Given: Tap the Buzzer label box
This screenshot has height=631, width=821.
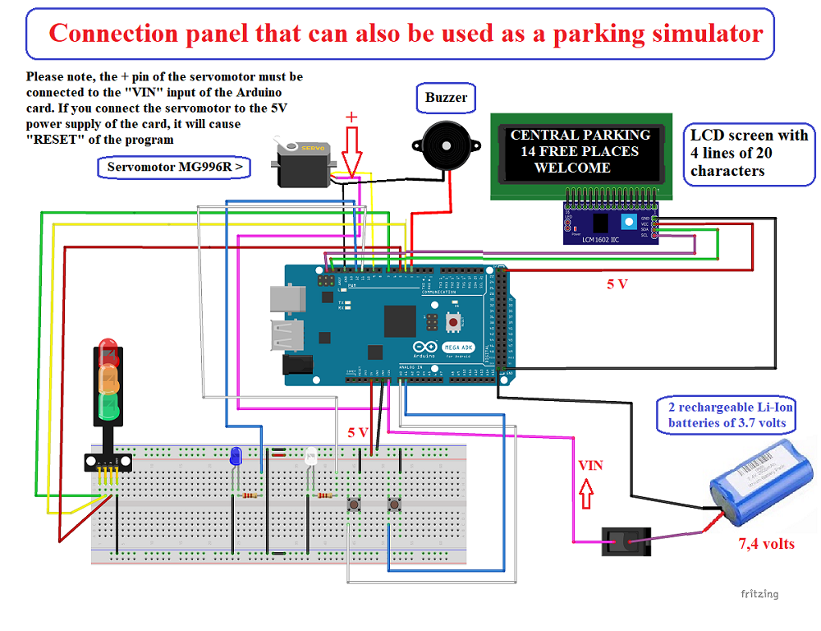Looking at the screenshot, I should pos(446,98).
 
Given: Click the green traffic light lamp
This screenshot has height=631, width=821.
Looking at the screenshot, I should pos(108,404).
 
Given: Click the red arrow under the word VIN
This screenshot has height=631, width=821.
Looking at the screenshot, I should pos(586,495).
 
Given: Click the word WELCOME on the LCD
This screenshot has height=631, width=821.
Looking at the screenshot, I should pos(572,168).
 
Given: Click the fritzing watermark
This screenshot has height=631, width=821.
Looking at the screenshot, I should pos(759,594).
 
